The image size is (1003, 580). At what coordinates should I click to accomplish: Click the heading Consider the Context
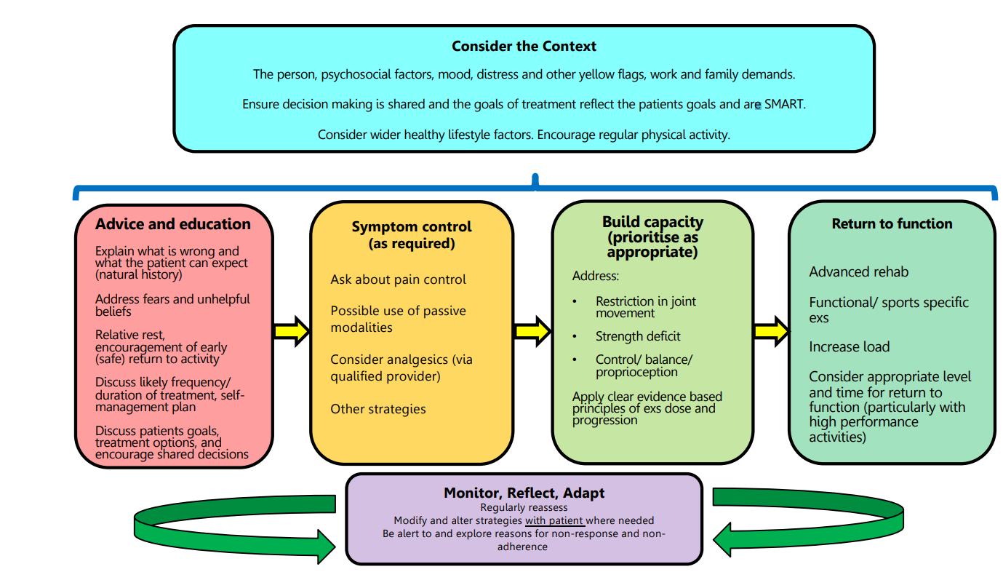pos(524,47)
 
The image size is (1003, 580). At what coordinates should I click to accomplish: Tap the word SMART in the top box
pos(785,104)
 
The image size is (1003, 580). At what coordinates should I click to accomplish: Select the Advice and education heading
pos(173,224)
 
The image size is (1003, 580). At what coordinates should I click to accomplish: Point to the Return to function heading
pos(892,224)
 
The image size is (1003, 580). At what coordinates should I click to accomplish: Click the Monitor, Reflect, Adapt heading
pos(524,493)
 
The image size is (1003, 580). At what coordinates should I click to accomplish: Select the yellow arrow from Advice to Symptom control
pos(292,331)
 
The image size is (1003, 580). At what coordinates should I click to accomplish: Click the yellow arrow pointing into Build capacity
pos(532,331)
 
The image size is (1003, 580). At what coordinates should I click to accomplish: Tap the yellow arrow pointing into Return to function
pos(771,331)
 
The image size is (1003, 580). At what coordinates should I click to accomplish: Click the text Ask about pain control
pos(399,279)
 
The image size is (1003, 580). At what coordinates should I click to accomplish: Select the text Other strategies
pos(378,409)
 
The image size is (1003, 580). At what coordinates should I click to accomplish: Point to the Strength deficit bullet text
pos(638,336)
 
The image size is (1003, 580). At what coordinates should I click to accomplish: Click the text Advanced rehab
pos(859,272)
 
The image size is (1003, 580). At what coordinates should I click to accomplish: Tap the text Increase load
pos(850,347)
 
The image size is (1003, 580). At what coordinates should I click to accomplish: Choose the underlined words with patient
pos(554,520)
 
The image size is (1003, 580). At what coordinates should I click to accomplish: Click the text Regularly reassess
pos(524,507)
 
